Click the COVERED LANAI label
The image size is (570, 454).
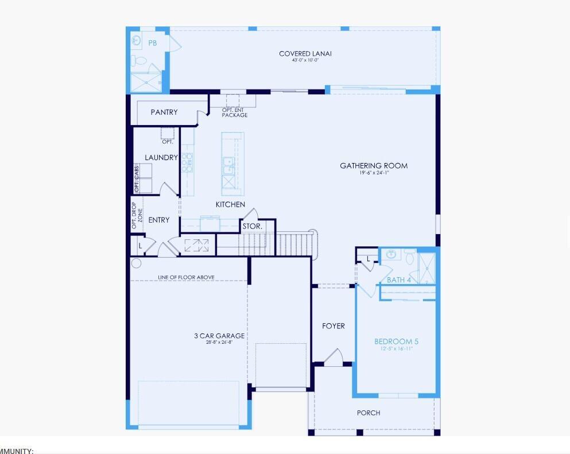[305, 54]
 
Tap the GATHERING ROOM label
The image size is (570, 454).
[374, 166]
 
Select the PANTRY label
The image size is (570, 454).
[164, 112]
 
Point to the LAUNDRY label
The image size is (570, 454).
[161, 158]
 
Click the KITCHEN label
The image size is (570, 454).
[230, 204]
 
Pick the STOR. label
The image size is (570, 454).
[252, 227]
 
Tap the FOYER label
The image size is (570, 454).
[334, 326]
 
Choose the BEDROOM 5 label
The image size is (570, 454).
[396, 342]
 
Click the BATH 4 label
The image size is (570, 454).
[399, 280]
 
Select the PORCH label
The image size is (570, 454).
[369, 413]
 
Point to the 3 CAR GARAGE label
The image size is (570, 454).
[219, 336]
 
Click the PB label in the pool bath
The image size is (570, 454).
[153, 43]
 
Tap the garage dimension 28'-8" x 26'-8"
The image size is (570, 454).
[219, 343]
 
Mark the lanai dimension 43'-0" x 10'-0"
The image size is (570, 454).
[305, 60]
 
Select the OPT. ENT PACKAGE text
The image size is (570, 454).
[235, 112]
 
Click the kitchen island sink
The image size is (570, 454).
[228, 165]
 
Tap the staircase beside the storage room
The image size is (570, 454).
[295, 243]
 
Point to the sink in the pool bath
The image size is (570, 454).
[137, 40]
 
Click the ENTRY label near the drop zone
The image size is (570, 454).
[159, 220]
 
